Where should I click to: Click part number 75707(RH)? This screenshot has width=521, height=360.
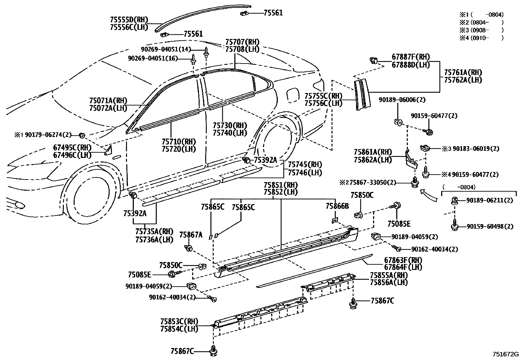pyautogui.click(x=242, y=42)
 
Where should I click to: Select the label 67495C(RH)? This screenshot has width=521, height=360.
pyautogui.click(x=72, y=147)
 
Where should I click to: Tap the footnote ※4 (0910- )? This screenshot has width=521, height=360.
pyautogui.click(x=481, y=38)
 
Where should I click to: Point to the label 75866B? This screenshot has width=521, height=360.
pyautogui.click(x=337, y=206)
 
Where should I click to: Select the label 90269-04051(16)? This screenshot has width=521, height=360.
pyautogui.click(x=157, y=58)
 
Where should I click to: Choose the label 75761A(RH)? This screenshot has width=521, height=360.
pyautogui.click(x=463, y=73)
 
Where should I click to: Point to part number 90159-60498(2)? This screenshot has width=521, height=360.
pyautogui.click(x=490, y=226)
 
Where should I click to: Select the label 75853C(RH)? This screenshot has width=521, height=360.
pyautogui.click(x=179, y=321)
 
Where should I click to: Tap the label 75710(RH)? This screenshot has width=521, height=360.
pyautogui.click(x=179, y=142)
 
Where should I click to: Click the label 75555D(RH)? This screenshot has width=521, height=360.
pyautogui.click(x=129, y=20)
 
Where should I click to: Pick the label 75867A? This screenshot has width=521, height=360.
pyautogui.click(x=191, y=235)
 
